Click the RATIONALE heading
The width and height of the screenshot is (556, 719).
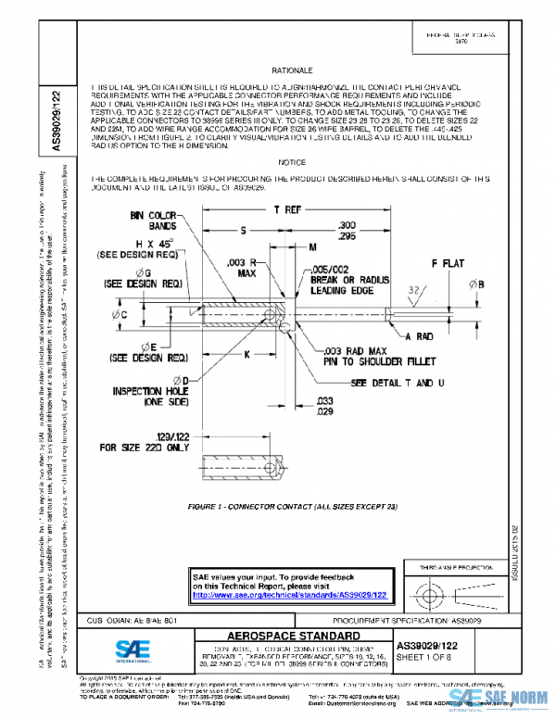click(x=294, y=70)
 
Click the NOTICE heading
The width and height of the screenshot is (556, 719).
click(x=291, y=162)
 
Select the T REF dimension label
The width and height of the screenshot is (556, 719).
click(x=286, y=210)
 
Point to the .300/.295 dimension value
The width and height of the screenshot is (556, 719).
click(x=347, y=230)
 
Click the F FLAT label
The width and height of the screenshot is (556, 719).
click(x=449, y=264)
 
